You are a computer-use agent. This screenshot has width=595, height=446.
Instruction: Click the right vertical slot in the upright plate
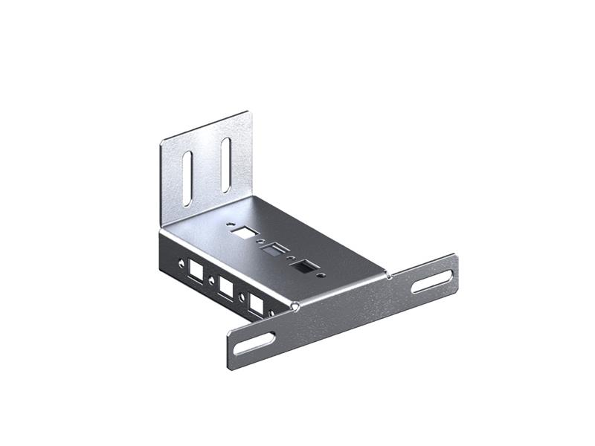(x=225, y=164)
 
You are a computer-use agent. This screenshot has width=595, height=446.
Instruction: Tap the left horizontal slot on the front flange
(x=253, y=343)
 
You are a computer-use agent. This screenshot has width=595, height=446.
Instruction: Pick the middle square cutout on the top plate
(x=274, y=249)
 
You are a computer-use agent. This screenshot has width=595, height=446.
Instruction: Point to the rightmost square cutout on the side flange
(x=257, y=303)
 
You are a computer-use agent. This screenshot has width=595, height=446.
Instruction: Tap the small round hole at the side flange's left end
(x=179, y=262)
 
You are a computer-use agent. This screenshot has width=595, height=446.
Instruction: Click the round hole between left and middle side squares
(x=212, y=280)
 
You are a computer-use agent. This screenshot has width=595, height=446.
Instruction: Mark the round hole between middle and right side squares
(x=243, y=297)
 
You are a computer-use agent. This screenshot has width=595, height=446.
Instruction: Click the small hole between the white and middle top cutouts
(x=259, y=242)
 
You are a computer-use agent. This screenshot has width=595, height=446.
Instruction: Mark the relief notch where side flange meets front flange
(x=295, y=305)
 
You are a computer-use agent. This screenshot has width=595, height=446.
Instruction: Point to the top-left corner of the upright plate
(x=162, y=141)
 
